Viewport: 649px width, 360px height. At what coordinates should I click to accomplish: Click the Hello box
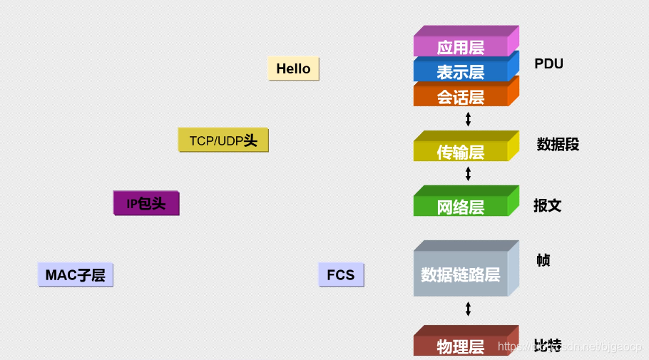[x=293, y=68]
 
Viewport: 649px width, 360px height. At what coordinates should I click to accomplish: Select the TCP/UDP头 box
[x=223, y=140]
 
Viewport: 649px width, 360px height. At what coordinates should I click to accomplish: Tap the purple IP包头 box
[x=146, y=203]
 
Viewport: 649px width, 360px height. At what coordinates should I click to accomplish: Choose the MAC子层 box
[x=75, y=274]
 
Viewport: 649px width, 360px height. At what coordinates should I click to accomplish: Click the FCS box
[x=341, y=274]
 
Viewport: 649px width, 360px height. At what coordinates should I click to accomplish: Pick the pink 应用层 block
[x=461, y=46]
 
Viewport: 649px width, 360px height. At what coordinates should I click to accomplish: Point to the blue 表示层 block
[x=461, y=71]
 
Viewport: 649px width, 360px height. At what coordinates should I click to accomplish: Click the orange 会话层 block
[x=461, y=96]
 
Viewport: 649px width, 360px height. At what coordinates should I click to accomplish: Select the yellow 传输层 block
[x=461, y=151]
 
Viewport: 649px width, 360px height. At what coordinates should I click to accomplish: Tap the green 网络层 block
[x=461, y=206]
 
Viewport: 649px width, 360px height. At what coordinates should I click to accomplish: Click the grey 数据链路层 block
[x=461, y=274]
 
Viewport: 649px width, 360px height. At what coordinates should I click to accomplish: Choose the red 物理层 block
[x=461, y=346]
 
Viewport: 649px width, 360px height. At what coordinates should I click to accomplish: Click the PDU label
[x=548, y=63]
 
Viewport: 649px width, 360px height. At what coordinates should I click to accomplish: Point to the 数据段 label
[x=558, y=145]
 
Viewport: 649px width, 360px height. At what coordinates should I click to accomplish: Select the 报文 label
[x=548, y=205]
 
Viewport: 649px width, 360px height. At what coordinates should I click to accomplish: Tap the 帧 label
[x=543, y=260]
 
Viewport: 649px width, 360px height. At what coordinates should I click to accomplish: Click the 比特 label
[x=547, y=346]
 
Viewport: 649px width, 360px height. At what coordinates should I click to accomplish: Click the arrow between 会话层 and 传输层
[x=468, y=118]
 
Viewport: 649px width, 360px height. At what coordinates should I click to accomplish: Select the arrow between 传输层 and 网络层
[x=468, y=173]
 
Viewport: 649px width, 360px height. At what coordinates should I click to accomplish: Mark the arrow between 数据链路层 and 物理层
[x=468, y=309]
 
